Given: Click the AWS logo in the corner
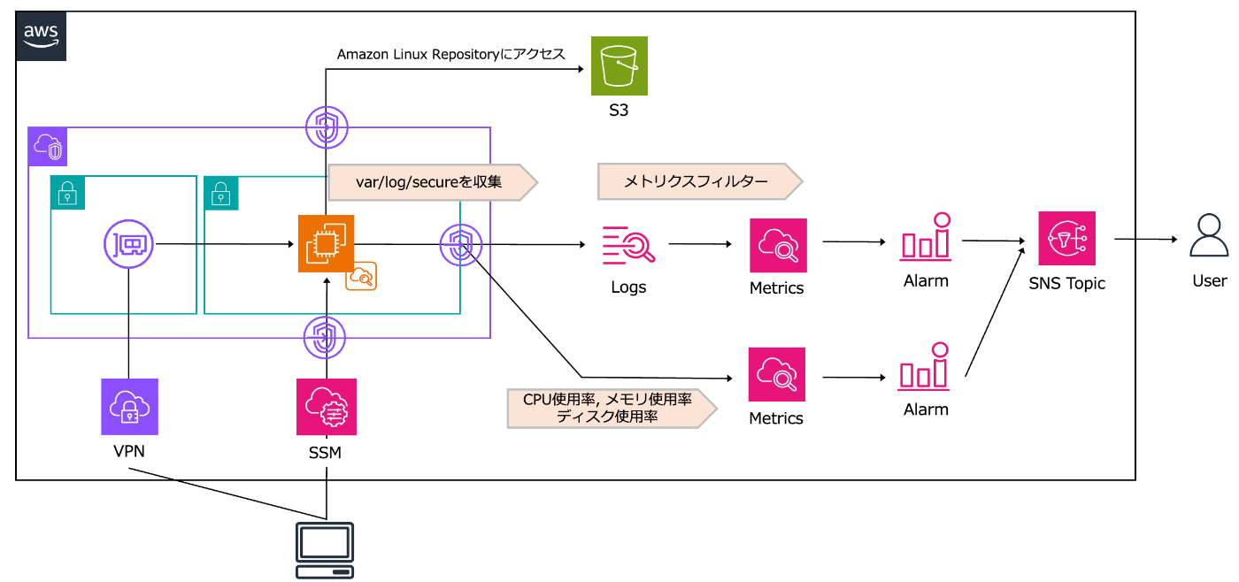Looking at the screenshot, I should (41, 35).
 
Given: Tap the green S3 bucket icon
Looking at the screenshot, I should (619, 65).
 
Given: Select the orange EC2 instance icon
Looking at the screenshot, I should (326, 243).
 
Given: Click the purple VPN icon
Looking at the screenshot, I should (129, 407).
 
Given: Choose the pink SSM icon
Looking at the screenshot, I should (327, 407).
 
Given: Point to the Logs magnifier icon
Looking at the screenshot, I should (628, 245).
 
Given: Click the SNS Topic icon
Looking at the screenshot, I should (1066, 239).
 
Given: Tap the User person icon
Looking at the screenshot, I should (1209, 238).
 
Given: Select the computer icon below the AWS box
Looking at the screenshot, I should (324, 549).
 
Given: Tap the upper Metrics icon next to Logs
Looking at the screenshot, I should (778, 246).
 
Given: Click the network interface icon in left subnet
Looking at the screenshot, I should (129, 242).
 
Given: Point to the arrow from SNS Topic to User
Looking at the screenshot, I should (1146, 239).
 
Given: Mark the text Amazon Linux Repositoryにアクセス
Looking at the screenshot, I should (450, 55).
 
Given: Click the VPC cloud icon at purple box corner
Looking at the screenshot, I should (46, 147).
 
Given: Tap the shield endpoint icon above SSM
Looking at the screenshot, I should (327, 337).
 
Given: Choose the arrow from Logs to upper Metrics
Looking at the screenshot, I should (698, 243).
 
